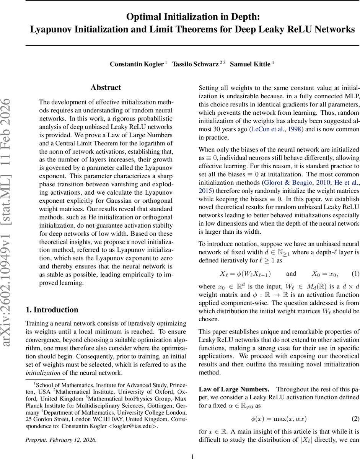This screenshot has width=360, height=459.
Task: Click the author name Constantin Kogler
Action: click(x=137, y=64)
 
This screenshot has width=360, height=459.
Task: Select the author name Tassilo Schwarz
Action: click(x=195, y=64)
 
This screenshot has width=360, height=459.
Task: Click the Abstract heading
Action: click(x=106, y=88)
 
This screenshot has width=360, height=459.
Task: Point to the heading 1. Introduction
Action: click(x=52, y=310)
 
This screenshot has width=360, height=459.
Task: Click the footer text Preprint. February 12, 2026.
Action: click(x=61, y=440)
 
